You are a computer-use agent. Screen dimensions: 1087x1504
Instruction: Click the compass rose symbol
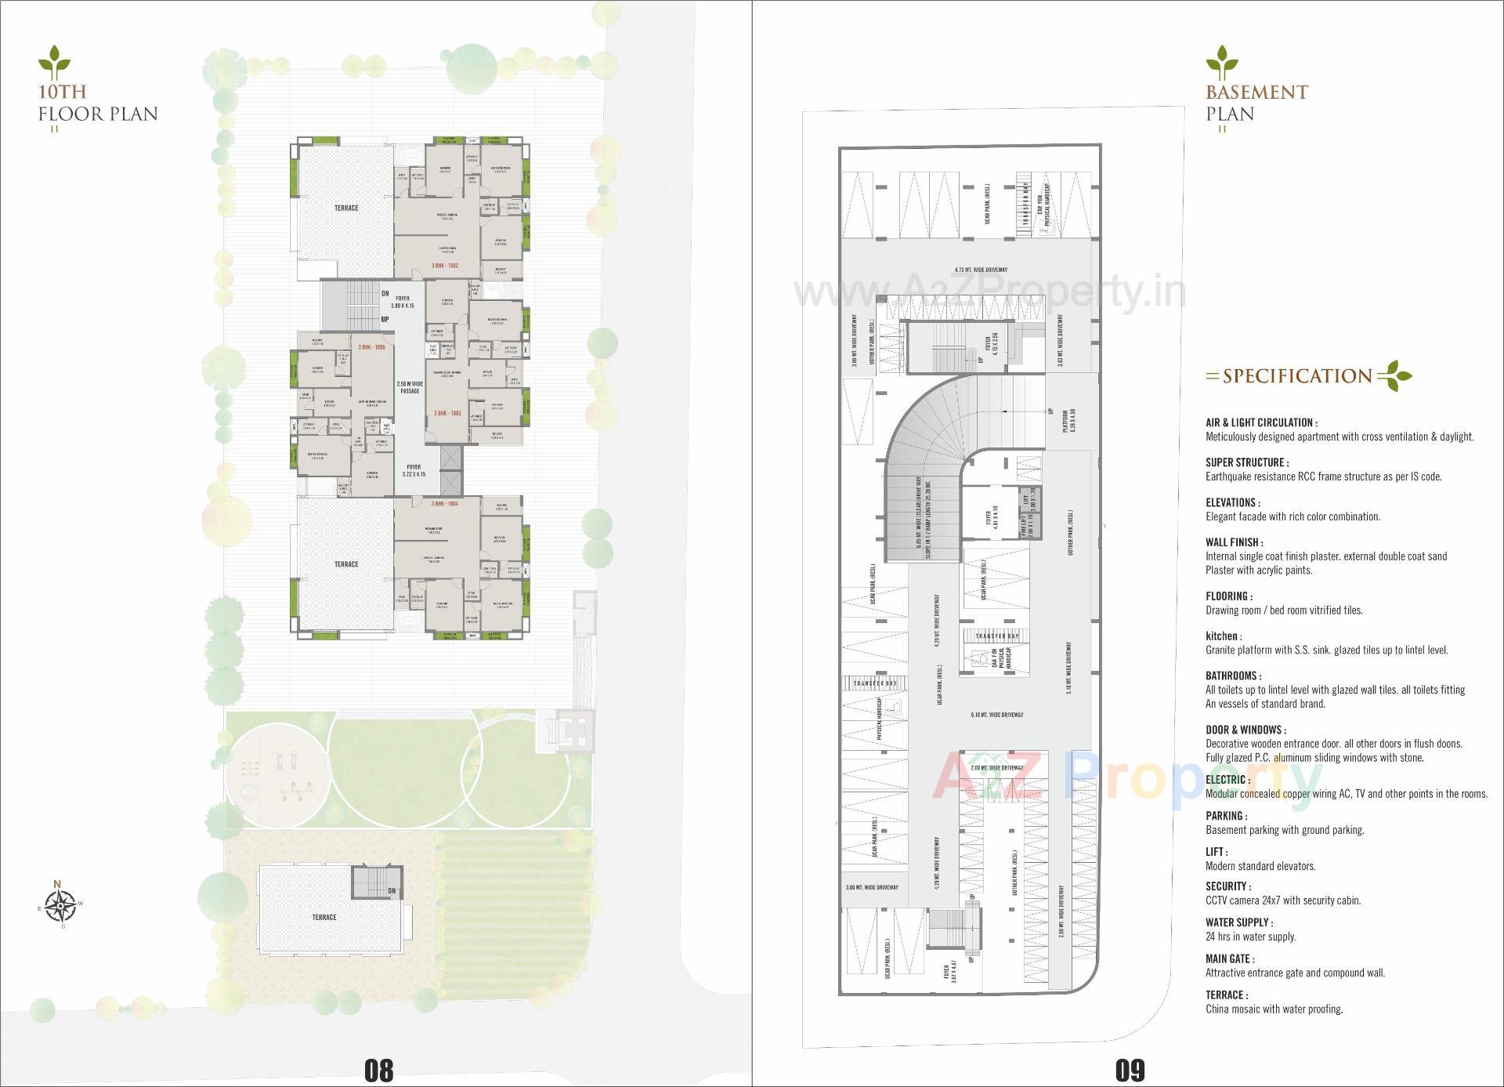59,905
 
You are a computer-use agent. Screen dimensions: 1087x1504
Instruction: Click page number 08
378,1069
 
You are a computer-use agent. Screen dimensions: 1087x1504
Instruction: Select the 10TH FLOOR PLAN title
98,103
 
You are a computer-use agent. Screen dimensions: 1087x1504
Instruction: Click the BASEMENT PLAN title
1256,103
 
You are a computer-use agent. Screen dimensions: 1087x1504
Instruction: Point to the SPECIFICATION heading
1297,376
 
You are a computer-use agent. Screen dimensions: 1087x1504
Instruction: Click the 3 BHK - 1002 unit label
444,266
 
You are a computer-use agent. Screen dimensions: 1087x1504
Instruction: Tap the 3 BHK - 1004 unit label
444,504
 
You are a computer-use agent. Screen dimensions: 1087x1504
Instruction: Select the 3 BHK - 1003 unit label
447,413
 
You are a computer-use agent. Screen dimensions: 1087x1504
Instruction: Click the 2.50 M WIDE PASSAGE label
410,387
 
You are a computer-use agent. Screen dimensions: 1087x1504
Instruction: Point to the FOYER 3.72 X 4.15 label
414,470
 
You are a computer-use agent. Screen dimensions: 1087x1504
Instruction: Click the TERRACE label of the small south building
324,917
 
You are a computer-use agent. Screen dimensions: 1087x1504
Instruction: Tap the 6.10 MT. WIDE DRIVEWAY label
996,715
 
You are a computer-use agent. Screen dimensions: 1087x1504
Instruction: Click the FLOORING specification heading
1228,596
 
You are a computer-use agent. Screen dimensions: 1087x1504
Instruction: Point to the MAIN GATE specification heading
1229,958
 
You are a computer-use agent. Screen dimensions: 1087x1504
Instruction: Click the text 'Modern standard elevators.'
1260,866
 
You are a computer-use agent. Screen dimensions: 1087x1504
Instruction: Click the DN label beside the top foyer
385,294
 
